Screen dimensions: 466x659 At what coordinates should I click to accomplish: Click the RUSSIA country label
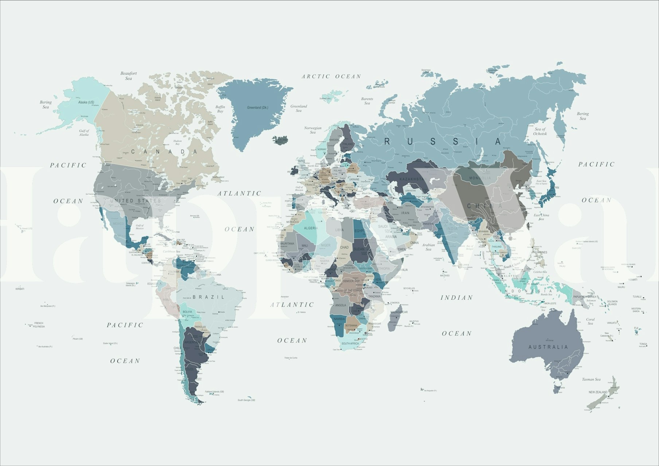point(443,142)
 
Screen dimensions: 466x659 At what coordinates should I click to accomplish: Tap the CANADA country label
point(164,151)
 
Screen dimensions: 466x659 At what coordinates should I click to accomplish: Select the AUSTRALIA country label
point(548,347)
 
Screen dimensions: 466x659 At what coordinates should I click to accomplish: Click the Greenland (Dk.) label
point(257,108)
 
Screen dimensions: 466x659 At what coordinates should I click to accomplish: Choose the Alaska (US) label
point(86,102)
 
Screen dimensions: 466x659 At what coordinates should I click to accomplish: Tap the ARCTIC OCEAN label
point(331,76)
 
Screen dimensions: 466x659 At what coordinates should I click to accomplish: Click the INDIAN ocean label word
point(457,298)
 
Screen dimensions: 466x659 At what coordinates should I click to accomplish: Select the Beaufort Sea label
point(129,76)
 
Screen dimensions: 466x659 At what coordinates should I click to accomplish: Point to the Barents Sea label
point(367,101)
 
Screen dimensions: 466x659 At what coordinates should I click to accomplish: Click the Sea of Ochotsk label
point(540,131)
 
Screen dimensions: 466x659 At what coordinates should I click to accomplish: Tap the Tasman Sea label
point(591,379)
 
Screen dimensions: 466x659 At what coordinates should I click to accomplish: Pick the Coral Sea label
point(590,321)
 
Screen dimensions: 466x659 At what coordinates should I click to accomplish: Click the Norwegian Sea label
point(313,130)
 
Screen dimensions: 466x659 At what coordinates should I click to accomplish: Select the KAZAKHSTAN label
point(412,179)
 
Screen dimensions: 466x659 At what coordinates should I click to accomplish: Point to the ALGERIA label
point(311,228)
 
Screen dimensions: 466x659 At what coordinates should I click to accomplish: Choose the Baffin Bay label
point(220,109)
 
